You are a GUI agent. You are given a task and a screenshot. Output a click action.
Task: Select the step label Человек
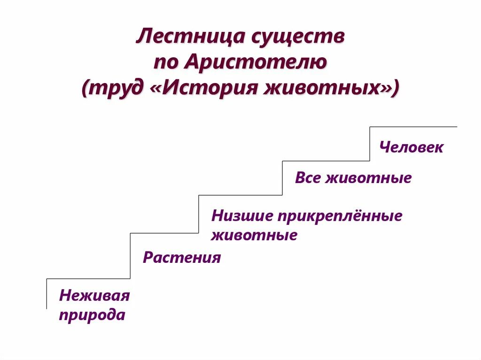pos(411,147)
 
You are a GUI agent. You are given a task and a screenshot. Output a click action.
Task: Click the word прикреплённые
pos(339,216)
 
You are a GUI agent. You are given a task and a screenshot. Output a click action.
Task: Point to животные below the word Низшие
pos(254,235)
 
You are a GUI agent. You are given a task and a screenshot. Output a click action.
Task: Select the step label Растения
pos(182,258)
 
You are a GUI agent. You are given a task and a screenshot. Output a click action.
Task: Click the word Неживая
pos(94,296)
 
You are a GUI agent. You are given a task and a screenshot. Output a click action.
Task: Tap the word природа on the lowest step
pos(92,314)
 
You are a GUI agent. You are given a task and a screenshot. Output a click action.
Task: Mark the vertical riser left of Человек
pos(370,144)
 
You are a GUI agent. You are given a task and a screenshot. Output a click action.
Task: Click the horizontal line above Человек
pos(413,127)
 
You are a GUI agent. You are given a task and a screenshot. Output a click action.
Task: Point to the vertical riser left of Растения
pos(130,256)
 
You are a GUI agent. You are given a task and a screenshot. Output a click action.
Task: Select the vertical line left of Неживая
pos(47,294)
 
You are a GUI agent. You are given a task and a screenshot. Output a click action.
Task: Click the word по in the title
pos(165,62)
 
